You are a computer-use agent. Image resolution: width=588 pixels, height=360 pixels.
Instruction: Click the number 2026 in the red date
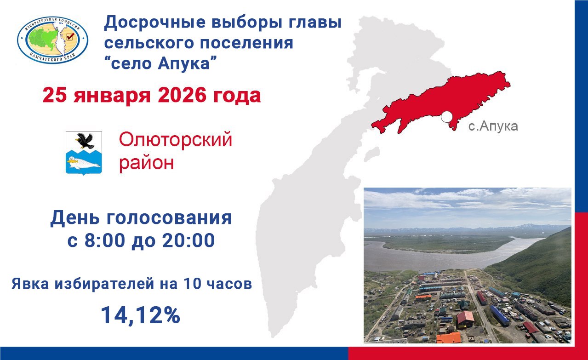(x=182, y=96)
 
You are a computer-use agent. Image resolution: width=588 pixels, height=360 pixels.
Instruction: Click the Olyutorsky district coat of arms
(x=83, y=152)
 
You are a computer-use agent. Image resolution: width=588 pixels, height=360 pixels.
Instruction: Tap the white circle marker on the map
(x=445, y=117)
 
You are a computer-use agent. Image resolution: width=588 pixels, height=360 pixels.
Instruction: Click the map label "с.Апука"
(x=493, y=126)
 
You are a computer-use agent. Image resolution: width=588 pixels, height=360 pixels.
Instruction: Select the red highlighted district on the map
(x=441, y=99)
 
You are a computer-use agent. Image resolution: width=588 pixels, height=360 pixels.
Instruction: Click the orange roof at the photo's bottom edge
(x=448, y=338)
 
